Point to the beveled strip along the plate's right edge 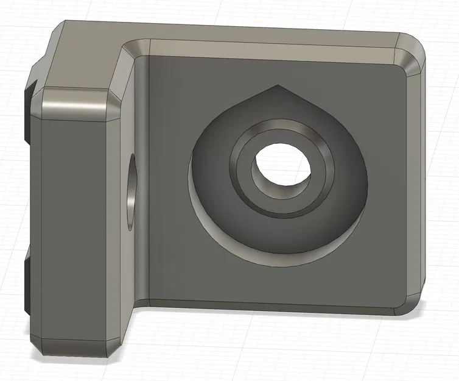pyautogui.click(x=415, y=183)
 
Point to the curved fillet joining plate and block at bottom pyautogui.click(x=141, y=302)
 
